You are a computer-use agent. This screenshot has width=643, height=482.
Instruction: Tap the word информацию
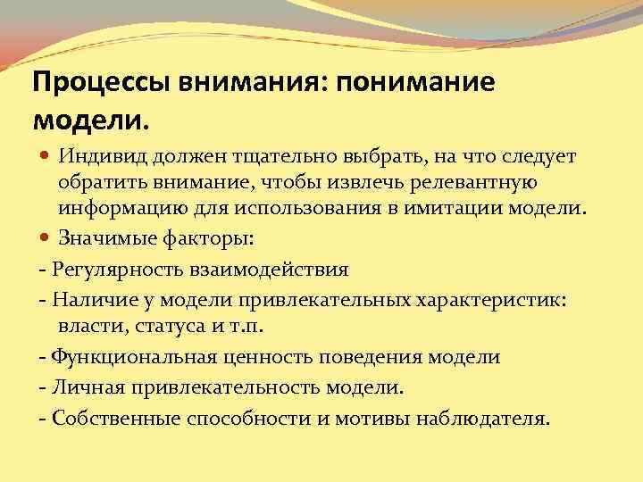(124, 211)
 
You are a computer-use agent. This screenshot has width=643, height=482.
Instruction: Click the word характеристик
(490, 299)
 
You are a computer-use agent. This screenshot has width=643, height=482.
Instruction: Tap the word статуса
(169, 326)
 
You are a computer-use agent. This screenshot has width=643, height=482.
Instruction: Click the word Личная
(79, 388)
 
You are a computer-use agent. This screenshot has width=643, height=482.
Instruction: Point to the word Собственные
(109, 420)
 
